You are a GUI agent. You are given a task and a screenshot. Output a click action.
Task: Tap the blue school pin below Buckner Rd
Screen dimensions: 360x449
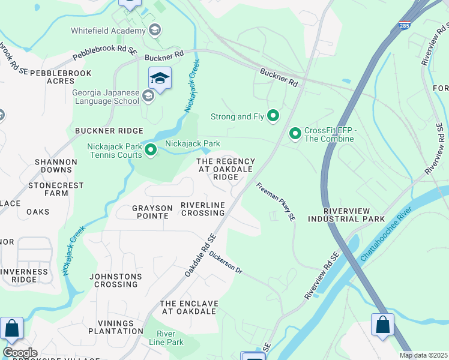[160, 78]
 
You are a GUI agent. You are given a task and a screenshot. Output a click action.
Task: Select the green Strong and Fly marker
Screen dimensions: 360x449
[274, 116]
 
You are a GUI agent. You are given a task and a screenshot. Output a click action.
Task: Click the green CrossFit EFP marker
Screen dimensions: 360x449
[295, 133]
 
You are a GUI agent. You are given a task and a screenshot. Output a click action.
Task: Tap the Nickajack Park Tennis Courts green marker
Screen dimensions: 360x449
[151, 149]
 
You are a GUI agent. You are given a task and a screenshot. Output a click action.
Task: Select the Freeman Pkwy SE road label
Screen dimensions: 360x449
[276, 203]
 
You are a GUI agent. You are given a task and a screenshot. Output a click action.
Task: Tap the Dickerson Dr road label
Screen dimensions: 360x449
[226, 262]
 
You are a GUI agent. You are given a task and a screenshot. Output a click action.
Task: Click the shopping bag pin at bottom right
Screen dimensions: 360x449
[382, 326]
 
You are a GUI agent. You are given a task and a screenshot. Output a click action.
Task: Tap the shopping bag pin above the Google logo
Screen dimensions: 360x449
[11, 329]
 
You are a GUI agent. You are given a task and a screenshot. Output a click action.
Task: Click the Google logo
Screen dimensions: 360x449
[20, 353]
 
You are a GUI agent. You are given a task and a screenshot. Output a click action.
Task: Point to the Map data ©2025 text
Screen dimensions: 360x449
[423, 355]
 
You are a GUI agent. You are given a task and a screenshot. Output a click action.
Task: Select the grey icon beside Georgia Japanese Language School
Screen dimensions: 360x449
[148, 97]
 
